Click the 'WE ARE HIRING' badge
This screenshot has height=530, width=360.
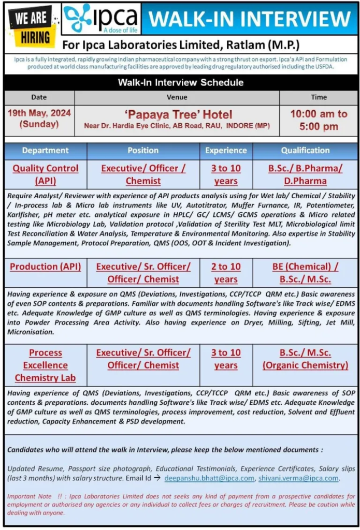(x=32, y=26)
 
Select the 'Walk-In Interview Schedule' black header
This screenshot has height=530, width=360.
(x=180, y=82)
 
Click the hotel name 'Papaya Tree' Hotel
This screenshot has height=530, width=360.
(x=177, y=114)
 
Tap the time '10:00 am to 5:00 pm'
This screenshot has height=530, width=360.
(x=319, y=120)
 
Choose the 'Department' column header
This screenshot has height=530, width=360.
(x=46, y=151)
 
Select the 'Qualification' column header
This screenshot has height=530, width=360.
(x=305, y=151)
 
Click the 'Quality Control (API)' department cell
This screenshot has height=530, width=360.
(x=46, y=174)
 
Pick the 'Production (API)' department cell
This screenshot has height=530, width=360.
(x=46, y=267)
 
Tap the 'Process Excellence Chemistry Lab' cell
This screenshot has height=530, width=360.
(x=46, y=365)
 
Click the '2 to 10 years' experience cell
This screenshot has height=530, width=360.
(x=226, y=273)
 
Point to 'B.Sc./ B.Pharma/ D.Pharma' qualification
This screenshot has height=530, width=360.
(x=305, y=174)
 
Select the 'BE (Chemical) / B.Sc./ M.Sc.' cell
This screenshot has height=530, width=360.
(x=305, y=273)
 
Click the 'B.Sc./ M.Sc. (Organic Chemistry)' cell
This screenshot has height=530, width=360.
(x=305, y=359)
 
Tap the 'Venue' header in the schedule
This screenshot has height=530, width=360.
(x=177, y=97)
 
